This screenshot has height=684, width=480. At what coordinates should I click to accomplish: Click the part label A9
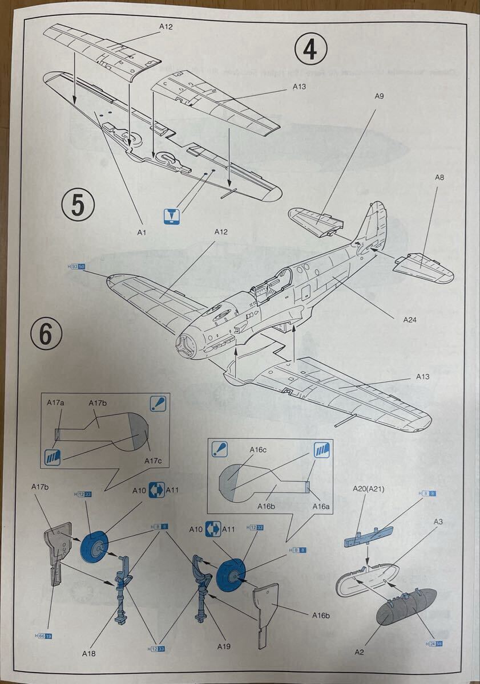tap(379, 96)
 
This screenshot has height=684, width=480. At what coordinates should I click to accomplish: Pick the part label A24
tap(409, 320)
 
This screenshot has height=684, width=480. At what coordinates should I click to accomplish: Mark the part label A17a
tap(55, 403)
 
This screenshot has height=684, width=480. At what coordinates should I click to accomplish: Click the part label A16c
tap(258, 449)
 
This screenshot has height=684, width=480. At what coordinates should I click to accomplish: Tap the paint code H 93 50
tap(76, 266)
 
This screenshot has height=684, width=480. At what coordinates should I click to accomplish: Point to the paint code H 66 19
tap(44, 636)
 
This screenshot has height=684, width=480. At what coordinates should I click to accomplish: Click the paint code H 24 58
tap(434, 644)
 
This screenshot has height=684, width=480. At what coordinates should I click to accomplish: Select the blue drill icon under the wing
tap(172, 217)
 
